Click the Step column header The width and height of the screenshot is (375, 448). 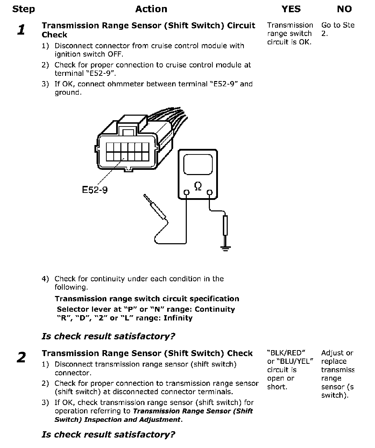23,9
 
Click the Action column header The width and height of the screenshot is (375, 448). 151,9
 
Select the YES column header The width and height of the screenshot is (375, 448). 291,9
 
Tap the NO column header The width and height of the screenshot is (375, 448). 344,9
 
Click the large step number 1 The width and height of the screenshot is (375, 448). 21,30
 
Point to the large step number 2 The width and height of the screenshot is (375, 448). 21,357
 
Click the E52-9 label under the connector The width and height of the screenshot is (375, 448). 95,190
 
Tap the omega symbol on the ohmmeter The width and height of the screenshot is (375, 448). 198,187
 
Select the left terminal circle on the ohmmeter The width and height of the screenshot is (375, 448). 186,192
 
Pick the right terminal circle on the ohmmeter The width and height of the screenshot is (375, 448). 210,192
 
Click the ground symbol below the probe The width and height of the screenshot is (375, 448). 226,248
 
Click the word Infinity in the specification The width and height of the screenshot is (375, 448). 178,318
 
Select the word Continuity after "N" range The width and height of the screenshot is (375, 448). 215,309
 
